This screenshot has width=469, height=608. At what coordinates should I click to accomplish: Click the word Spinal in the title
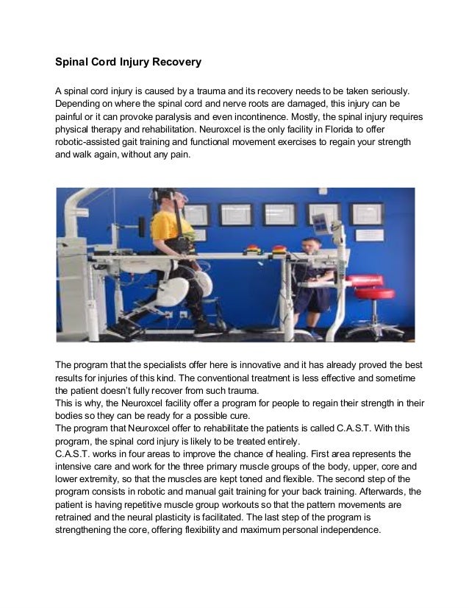pos(75,63)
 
